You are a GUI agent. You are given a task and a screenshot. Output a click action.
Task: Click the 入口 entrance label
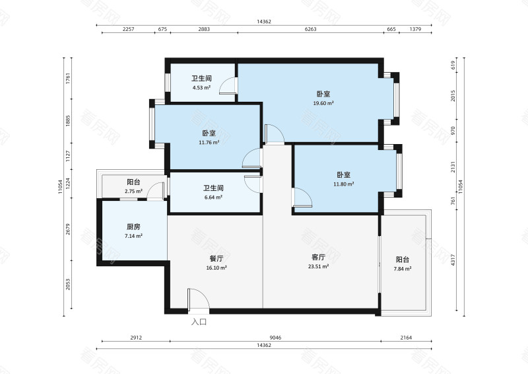click(x=199, y=322)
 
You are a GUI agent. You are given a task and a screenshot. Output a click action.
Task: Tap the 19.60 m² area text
click(x=323, y=103)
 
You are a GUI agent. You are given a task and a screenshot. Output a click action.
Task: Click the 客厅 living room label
click(x=318, y=257)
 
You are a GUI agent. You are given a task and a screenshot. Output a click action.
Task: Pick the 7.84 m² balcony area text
click(x=403, y=269)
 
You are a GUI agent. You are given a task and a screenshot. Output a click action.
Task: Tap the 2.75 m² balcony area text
click(x=133, y=192)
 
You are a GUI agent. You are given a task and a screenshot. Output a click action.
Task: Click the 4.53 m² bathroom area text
click(x=201, y=88)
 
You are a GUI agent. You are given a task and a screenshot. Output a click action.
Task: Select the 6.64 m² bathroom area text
click(x=213, y=197)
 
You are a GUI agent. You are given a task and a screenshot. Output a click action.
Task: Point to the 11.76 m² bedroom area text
click(x=209, y=141)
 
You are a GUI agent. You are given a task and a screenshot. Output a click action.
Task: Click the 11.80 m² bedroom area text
click(x=343, y=184)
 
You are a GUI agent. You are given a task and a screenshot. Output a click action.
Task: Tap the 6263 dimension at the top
click(x=311, y=30)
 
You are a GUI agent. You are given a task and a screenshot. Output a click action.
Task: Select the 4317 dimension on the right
click(x=454, y=262)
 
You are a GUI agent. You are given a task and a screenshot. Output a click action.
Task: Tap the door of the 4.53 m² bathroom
click(x=228, y=87)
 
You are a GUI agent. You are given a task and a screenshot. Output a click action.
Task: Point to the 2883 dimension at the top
click(x=204, y=30)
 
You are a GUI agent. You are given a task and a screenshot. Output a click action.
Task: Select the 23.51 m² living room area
click(x=318, y=267)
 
